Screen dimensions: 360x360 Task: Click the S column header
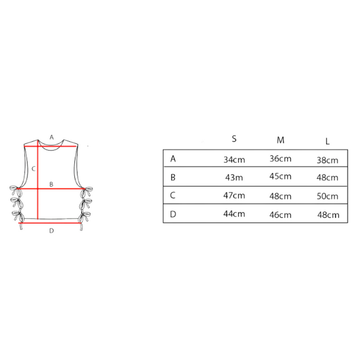[234, 139]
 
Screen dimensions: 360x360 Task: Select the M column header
[280, 140]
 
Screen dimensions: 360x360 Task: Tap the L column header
[327, 141]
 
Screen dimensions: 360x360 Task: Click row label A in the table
[173, 158]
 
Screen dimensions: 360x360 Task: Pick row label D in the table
[173, 214]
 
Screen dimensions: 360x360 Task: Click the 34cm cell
[234, 159]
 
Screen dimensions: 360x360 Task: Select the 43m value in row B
[234, 177]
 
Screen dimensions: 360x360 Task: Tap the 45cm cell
[280, 176]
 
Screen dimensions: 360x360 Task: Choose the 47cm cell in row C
[234, 195]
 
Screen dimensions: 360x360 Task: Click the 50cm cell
[327, 196]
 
